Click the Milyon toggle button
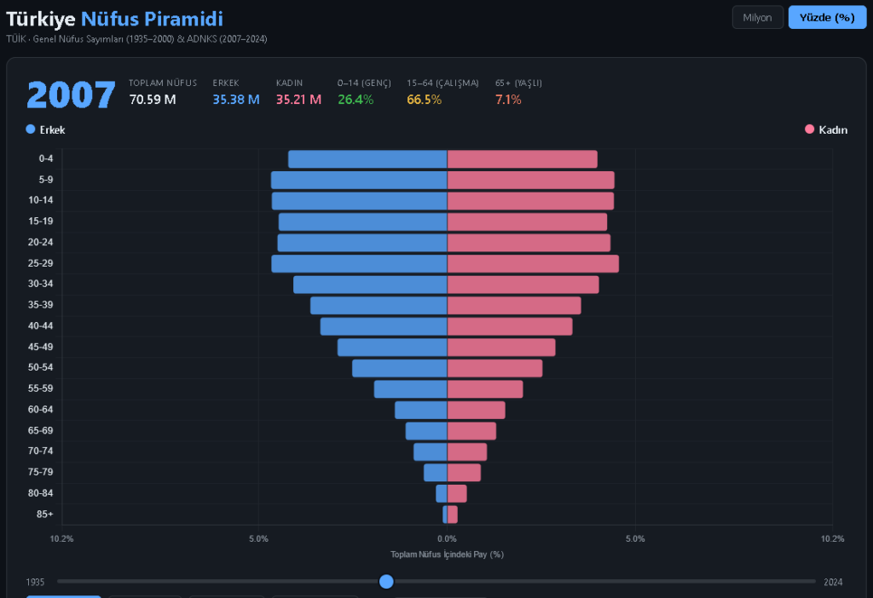[757, 17]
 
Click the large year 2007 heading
[71, 95]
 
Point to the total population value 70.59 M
[153, 100]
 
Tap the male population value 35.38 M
[236, 100]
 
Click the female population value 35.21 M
[298, 100]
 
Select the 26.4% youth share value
[356, 100]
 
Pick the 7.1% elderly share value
[508, 100]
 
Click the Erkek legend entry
[46, 129]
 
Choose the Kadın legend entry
[826, 129]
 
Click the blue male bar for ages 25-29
[359, 263]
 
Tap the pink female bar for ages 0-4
[522, 159]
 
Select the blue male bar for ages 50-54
[399, 368]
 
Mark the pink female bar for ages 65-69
[471, 431]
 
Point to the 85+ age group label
[45, 515]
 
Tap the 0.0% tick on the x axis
[447, 538]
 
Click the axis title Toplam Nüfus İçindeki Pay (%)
[447, 554]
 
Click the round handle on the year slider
[386, 582]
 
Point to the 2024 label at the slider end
[833, 582]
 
